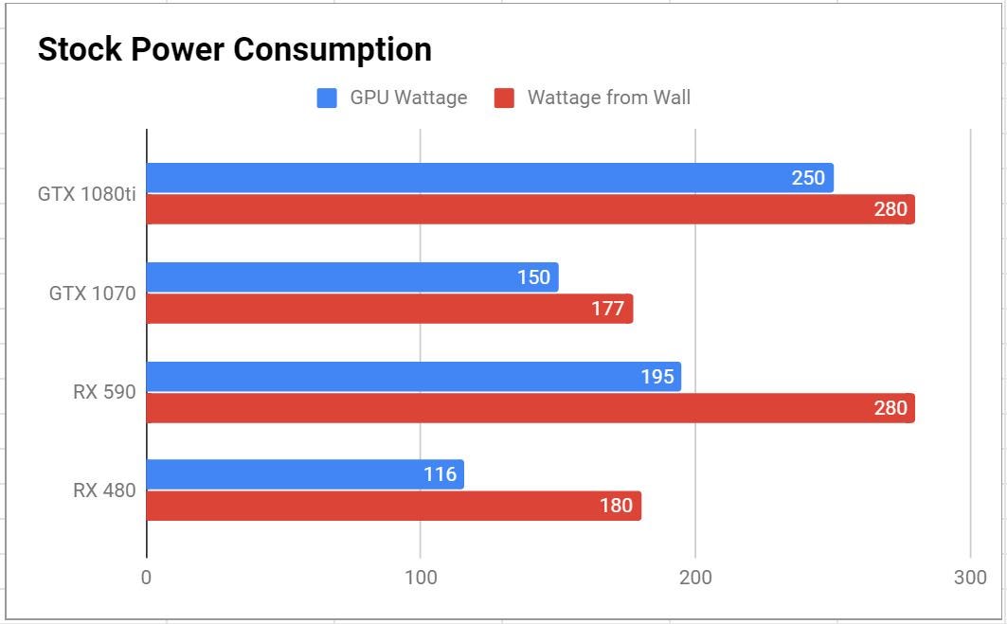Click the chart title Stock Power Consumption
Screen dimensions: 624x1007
pos(234,49)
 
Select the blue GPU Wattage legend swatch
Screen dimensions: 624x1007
pos(327,98)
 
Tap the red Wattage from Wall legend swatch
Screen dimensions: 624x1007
pos(504,98)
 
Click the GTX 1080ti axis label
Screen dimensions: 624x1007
pos(87,194)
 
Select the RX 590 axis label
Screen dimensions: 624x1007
pos(104,392)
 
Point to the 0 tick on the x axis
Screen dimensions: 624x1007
pos(146,578)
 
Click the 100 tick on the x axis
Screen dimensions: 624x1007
pos(421,578)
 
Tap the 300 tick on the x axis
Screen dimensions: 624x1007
pos(970,578)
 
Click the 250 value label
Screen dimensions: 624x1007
pos(808,178)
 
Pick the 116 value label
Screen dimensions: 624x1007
pos(440,474)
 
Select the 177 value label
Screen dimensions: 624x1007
pos(607,309)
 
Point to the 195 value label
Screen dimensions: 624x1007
pos(656,377)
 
